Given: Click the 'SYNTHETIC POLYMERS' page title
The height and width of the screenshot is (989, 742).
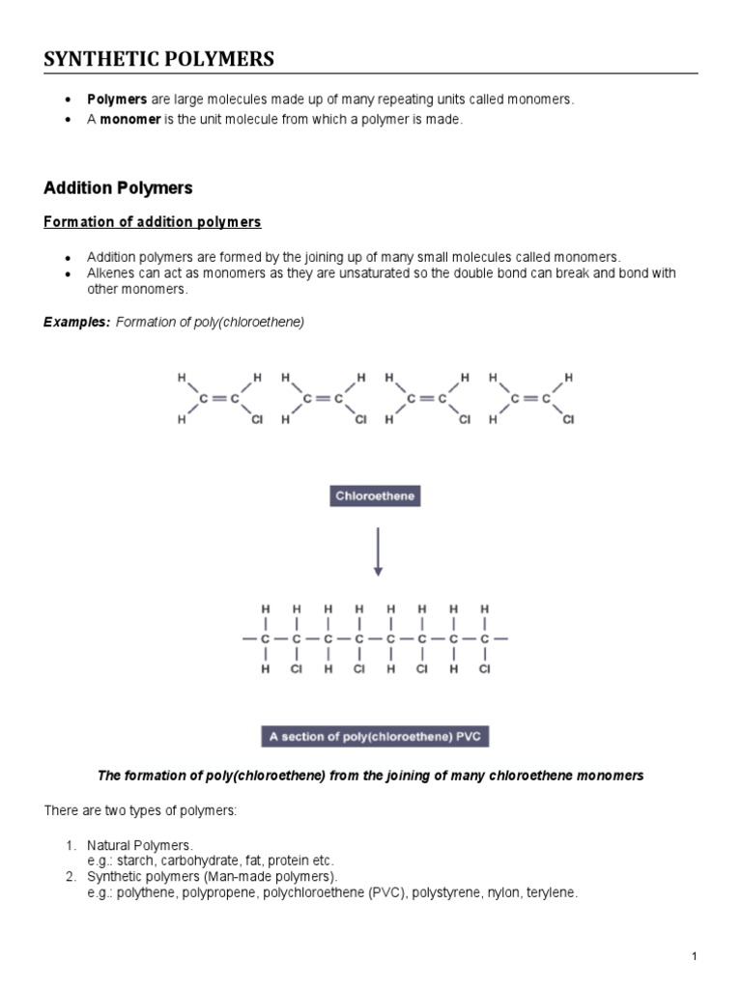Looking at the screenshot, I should pyautogui.click(x=159, y=60).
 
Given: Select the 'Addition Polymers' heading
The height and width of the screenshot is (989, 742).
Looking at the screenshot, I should pyautogui.click(x=119, y=187).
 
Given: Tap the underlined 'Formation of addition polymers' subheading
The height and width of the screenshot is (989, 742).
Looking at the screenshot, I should pyautogui.click(x=153, y=222).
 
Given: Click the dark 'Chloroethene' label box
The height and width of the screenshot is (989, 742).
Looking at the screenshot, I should pyautogui.click(x=377, y=497).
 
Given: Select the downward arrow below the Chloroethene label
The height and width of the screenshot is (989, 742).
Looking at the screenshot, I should pyautogui.click(x=378, y=551).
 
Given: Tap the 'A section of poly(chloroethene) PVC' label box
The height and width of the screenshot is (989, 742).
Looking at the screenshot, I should pyautogui.click(x=377, y=737).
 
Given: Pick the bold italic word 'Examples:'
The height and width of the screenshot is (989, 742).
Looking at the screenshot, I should pyautogui.click(x=76, y=322).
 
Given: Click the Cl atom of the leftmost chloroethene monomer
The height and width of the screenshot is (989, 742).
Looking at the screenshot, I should pyautogui.click(x=257, y=420).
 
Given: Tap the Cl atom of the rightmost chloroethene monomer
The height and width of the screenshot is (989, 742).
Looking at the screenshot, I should pyautogui.click(x=568, y=420).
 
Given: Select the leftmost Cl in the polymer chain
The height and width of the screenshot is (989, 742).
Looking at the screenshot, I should pyautogui.click(x=297, y=667).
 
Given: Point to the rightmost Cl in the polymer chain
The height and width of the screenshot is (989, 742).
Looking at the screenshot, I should pyautogui.click(x=485, y=667).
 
